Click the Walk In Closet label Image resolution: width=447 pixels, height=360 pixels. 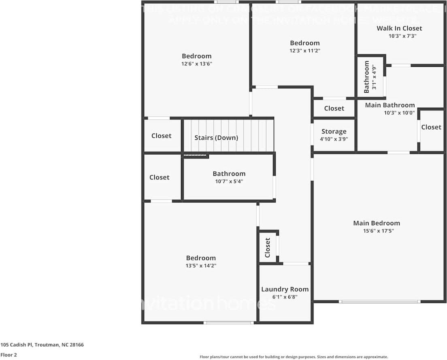tap(399, 28)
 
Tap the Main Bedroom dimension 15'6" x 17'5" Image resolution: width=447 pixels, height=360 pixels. tap(376, 231)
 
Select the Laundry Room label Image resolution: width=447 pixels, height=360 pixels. tap(285, 289)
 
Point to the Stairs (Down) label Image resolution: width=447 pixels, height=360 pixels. tap(216, 138)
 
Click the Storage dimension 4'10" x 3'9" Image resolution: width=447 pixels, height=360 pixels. tap(334, 139)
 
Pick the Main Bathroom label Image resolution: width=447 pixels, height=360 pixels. tap(390, 105)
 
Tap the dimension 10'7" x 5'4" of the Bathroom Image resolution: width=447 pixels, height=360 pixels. tap(229, 181)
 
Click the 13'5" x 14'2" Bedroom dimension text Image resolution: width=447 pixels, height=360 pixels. tap(201, 266)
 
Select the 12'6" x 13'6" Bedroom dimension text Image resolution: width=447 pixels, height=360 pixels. tap(196, 64)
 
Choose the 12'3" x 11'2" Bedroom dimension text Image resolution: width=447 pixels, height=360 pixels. tap(304, 51)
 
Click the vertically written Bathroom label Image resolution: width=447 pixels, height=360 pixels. tap(367, 77)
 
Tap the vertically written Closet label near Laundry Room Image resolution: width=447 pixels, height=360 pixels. tap(267, 247)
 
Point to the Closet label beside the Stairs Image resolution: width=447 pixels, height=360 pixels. tap(161, 136)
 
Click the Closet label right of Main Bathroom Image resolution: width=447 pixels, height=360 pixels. tap(431, 127)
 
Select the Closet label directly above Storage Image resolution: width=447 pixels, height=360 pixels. tap(334, 108)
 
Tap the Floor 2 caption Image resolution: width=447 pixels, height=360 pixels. tap(9, 355)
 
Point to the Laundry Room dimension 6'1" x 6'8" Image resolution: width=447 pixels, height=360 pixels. tap(285, 297)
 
